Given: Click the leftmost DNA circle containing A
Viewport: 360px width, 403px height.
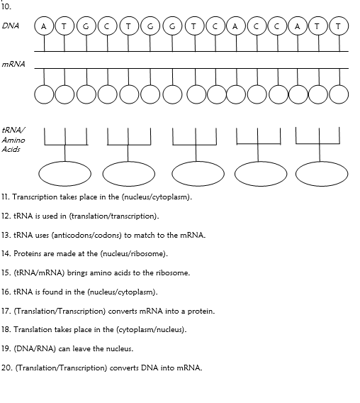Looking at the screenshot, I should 45,26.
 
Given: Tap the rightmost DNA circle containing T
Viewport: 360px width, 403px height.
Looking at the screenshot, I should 340,26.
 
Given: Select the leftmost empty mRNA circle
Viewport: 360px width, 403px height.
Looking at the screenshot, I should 45,94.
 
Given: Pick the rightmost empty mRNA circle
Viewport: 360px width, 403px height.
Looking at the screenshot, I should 340,94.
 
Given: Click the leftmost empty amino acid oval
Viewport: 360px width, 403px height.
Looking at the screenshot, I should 58,174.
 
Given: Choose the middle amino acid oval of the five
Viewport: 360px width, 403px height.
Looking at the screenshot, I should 198,174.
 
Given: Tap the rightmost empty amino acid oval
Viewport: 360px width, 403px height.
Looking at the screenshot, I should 317,174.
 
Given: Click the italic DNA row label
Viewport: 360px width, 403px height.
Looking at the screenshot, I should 11,26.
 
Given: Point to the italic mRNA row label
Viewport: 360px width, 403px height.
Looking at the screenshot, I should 13,64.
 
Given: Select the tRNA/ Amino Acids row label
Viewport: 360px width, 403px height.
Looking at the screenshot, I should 13,140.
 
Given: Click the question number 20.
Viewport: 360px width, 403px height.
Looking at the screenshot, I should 7,368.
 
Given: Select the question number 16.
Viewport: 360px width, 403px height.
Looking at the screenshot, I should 6,292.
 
